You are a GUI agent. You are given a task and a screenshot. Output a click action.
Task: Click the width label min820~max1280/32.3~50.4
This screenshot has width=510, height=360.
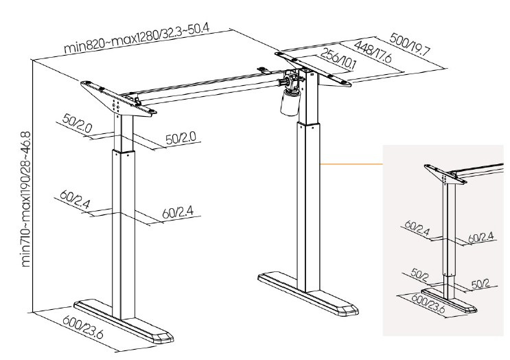tap(137, 37)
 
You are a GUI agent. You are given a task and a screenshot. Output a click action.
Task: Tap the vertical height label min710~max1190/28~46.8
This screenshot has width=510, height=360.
tap(26, 199)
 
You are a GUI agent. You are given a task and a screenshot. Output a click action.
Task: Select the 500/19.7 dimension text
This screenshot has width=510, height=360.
tap(410, 44)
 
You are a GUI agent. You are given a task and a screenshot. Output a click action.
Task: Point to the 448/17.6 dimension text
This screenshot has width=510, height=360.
tap(373, 52)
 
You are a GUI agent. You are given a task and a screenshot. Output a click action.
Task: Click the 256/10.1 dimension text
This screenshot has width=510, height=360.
tap(338, 59)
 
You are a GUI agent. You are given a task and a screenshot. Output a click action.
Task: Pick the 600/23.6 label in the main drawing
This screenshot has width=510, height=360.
tap(83, 327)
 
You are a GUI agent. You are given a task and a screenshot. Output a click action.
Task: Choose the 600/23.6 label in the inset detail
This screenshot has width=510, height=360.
tap(428, 303)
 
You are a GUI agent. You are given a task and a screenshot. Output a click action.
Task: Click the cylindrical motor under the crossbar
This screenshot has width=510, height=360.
tap(290, 102)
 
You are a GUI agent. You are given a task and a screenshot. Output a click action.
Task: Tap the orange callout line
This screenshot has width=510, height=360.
tap(351, 164)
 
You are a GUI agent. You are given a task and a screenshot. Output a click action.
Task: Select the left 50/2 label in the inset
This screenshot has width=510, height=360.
tap(419, 274)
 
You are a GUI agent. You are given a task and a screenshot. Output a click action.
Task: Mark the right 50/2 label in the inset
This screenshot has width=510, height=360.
tap(480, 284)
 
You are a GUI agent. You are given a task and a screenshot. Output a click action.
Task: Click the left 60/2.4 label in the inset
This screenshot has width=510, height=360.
tap(417, 227)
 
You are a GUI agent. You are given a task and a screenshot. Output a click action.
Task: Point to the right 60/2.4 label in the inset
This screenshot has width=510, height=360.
tap(480, 237)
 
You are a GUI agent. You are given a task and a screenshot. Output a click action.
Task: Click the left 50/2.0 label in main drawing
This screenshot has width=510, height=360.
tap(77, 123)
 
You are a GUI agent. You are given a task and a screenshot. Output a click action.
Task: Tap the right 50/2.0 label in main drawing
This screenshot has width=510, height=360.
tap(181, 138)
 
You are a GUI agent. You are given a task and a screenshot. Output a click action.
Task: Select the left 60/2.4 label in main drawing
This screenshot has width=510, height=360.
tap(75, 199)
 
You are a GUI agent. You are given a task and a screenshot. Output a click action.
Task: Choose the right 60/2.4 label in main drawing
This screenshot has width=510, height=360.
tap(178, 212)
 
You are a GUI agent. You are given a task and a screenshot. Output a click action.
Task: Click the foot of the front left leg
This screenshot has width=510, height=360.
tap(124, 321)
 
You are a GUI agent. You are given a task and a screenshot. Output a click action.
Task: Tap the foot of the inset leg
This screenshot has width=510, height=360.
tap(449, 300)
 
